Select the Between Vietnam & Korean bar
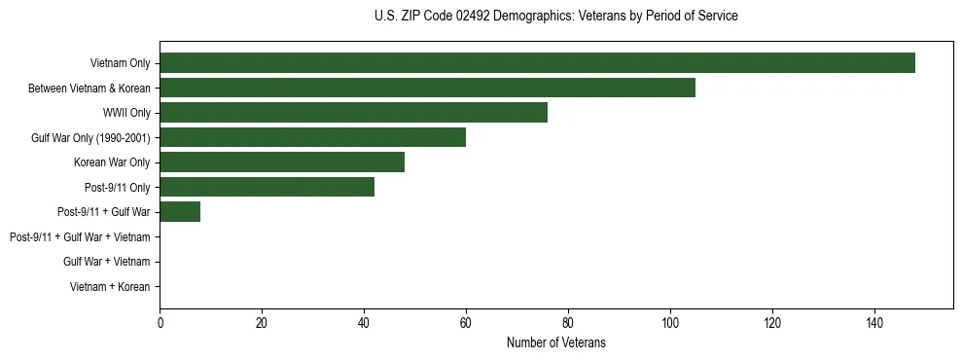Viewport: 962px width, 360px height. coord(427,88)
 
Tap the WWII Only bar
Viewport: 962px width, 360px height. coord(353,113)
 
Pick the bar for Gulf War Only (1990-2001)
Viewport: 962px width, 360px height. coord(312,137)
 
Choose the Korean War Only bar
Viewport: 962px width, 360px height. coord(282,162)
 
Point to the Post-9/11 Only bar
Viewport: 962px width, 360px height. coord(267,187)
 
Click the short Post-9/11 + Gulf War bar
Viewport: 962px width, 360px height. coord(180,212)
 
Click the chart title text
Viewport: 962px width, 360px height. coord(555,17)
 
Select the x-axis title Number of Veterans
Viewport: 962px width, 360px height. coord(555,342)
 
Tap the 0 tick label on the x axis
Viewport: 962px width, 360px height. coord(160,322)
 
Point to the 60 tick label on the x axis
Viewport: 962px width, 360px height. coord(466,322)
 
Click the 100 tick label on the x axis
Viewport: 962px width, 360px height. coord(670,322)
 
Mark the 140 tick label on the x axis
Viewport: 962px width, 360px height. coord(874,322)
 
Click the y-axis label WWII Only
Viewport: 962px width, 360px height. coord(126,113)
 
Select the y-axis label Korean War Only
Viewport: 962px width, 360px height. coord(112,162)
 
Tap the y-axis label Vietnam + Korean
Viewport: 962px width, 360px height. coord(110,287)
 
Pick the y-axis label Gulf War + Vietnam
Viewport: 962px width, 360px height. coord(106,262)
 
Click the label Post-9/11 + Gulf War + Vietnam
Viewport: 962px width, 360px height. coord(80,237)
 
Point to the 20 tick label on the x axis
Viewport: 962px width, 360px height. coord(262,322)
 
